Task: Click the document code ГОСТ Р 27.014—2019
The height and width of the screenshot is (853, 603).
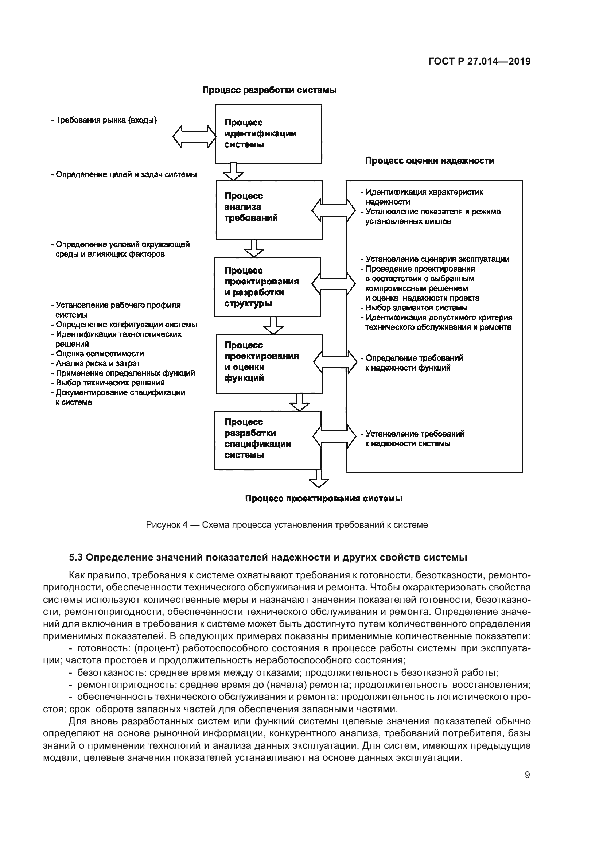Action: coord(479,62)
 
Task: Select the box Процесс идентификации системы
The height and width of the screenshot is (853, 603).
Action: coord(268,134)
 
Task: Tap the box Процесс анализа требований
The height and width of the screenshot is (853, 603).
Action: coord(269,210)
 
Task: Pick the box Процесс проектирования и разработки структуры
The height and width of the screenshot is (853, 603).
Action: coord(267,287)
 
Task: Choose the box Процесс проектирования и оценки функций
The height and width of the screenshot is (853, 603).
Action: coord(269,363)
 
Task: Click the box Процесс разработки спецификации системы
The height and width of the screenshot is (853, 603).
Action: coord(267,440)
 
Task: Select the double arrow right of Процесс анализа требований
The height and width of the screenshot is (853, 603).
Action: coord(334,210)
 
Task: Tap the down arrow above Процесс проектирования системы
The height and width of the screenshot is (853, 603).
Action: coord(319,479)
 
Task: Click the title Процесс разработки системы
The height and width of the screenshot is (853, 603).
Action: coord(269,90)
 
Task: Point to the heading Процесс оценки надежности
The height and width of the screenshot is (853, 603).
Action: coord(429,161)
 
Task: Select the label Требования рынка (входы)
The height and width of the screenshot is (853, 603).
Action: coord(104,120)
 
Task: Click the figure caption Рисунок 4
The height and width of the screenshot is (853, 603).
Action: coord(287,524)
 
